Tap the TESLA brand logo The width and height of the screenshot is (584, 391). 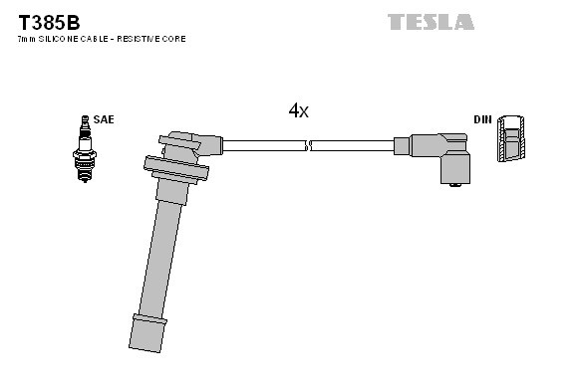431,21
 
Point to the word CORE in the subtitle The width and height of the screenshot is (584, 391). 173,39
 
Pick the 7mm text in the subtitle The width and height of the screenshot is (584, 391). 25,39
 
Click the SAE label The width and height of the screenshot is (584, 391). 105,119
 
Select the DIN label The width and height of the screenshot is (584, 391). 482,119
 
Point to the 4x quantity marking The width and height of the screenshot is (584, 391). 298,111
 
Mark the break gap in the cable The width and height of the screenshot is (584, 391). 308,145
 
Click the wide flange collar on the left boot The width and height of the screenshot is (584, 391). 176,168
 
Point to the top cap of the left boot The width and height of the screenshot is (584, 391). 184,139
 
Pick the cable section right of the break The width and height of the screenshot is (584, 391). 354,145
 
